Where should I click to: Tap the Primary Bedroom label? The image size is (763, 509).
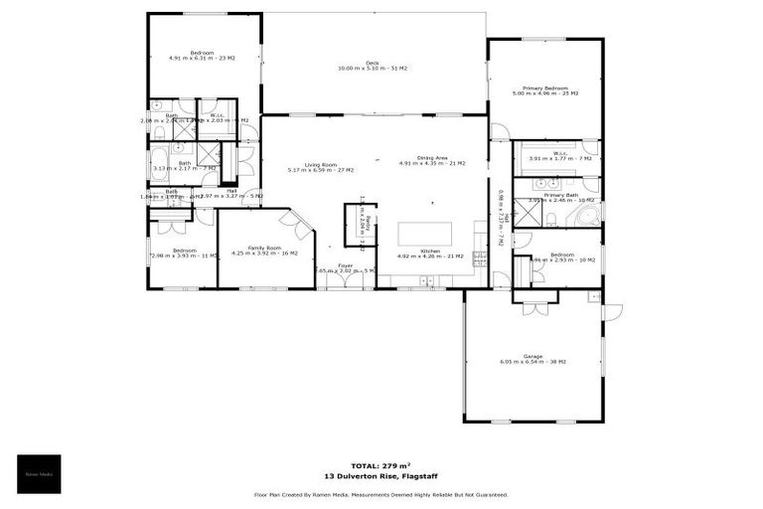click(x=544, y=89)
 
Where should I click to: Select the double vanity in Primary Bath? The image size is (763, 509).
click(x=545, y=184)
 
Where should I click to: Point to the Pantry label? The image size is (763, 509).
click(x=367, y=224)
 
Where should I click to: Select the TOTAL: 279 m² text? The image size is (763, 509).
click(x=381, y=465)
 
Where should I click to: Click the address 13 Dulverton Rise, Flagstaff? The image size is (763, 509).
click(x=381, y=476)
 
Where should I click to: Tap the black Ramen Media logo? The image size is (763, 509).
click(x=39, y=473)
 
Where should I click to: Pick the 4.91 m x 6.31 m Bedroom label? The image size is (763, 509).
click(x=202, y=55)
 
